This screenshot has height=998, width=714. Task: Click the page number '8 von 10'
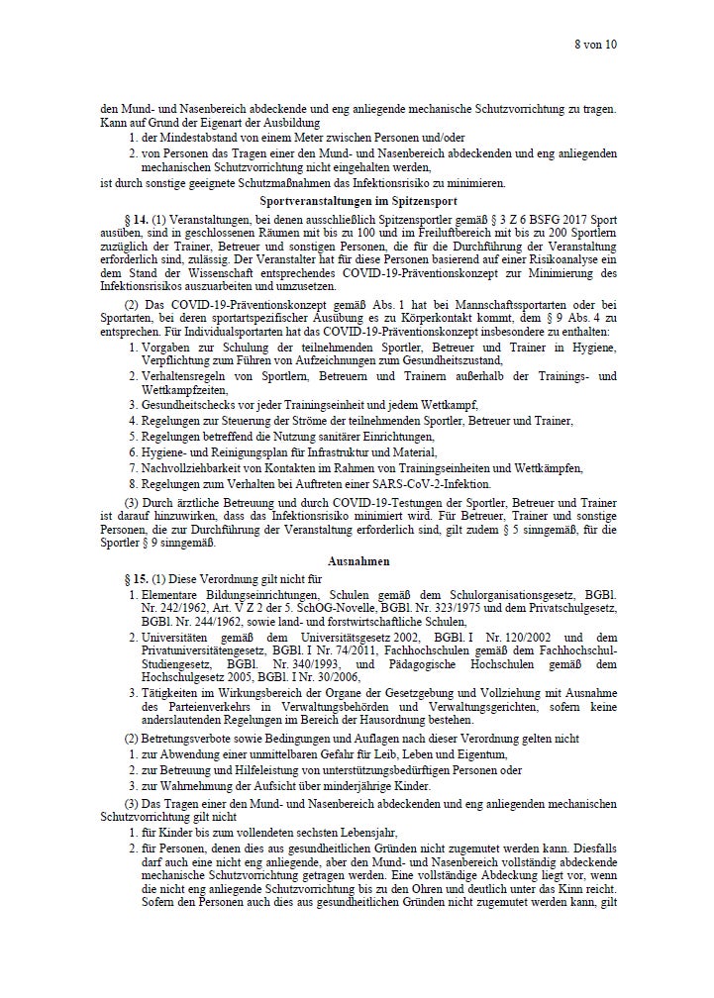coord(595,45)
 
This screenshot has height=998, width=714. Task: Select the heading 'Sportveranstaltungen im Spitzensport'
coord(358,201)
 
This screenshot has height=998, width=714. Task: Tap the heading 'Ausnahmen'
coord(358,559)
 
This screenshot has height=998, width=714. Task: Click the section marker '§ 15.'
coord(136,577)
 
